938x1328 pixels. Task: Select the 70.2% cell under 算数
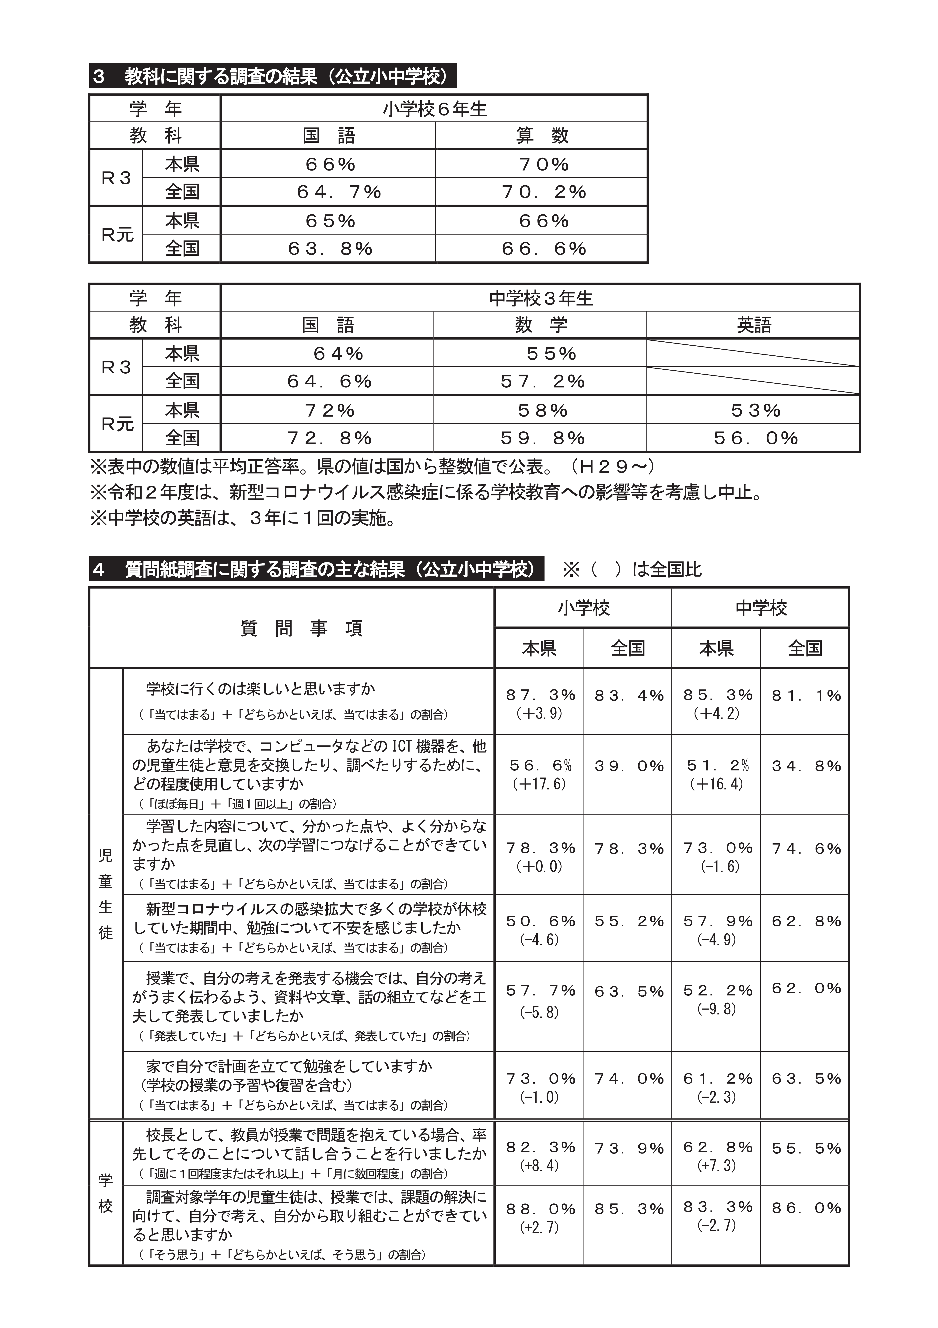tap(544, 192)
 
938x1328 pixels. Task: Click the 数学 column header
tap(541, 325)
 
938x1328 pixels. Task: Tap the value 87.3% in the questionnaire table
tap(540, 695)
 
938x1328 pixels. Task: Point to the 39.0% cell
tap(629, 766)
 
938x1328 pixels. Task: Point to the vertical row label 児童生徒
tap(106, 894)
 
